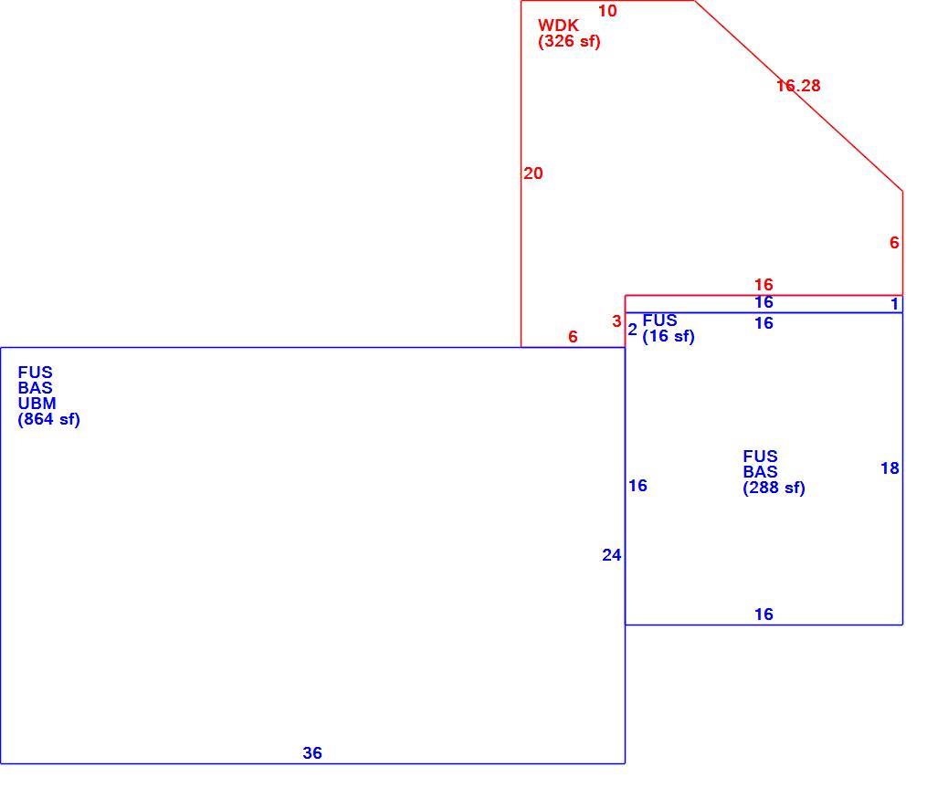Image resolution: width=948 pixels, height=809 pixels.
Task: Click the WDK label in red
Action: click(x=558, y=26)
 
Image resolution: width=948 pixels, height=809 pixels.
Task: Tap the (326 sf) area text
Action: click(x=569, y=42)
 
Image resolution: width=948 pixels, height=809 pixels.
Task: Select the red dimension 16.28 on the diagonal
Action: click(x=798, y=86)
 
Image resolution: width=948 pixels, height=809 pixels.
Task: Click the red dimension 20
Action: click(x=532, y=173)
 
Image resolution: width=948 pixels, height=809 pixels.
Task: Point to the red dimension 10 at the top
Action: click(x=607, y=11)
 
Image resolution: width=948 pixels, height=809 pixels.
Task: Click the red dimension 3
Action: click(x=616, y=321)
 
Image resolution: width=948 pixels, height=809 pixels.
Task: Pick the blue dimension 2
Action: click(x=632, y=330)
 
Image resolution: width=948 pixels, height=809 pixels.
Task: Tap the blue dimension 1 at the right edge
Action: click(x=895, y=304)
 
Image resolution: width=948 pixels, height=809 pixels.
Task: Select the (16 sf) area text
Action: click(x=668, y=337)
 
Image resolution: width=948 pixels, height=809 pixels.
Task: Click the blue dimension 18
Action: click(x=890, y=468)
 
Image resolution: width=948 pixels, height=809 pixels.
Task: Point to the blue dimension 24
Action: click(x=611, y=555)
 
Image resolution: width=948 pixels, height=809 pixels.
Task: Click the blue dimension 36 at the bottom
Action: click(x=312, y=752)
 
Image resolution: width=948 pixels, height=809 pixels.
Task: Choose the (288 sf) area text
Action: click(x=774, y=488)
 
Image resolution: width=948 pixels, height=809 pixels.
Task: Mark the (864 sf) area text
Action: click(x=49, y=420)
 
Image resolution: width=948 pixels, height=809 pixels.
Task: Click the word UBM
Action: click(x=37, y=404)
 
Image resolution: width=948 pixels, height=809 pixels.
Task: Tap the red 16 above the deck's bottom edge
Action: click(x=764, y=285)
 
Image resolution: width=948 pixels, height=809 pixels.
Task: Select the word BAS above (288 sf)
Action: click(x=760, y=472)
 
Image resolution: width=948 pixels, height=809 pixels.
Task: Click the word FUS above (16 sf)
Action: click(x=659, y=320)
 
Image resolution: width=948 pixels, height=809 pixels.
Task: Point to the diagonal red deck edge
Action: click(x=798, y=96)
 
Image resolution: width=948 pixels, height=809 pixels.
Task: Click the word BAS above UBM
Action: click(x=35, y=388)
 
